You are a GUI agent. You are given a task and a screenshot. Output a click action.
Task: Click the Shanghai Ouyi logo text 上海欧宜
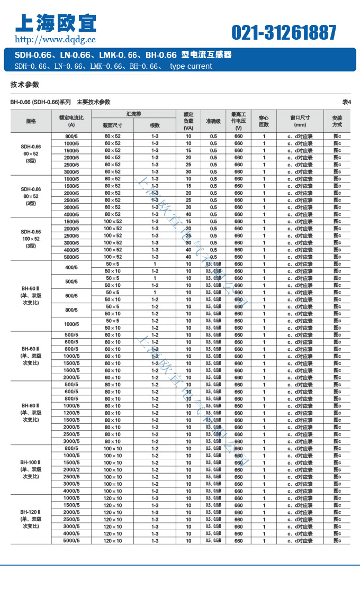[56, 23]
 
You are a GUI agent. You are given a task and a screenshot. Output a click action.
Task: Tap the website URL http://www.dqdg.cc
[55, 39]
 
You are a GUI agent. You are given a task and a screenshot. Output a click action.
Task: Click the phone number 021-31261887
[284, 33]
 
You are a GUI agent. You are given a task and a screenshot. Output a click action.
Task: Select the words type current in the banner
[191, 66]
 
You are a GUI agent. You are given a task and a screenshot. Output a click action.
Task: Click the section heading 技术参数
[25, 85]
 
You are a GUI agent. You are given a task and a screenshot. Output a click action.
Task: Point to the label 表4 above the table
[347, 102]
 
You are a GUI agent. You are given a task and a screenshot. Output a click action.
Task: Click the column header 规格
[31, 121]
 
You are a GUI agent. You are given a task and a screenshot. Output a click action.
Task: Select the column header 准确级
[213, 121]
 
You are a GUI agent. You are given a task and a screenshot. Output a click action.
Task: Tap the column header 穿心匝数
[264, 121]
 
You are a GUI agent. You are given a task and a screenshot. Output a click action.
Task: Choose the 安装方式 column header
[337, 121]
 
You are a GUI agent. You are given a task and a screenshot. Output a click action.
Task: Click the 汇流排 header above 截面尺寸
[133, 114]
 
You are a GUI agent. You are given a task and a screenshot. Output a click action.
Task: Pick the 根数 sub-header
[155, 125]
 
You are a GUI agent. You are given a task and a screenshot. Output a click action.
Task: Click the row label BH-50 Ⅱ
[31, 288]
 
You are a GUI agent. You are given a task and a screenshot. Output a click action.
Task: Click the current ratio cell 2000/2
[71, 470]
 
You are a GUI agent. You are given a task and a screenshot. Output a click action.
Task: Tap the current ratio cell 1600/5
[71, 370]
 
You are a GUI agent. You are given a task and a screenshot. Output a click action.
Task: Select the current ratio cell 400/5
[71, 267]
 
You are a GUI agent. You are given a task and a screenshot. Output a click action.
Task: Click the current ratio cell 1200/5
[71, 413]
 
